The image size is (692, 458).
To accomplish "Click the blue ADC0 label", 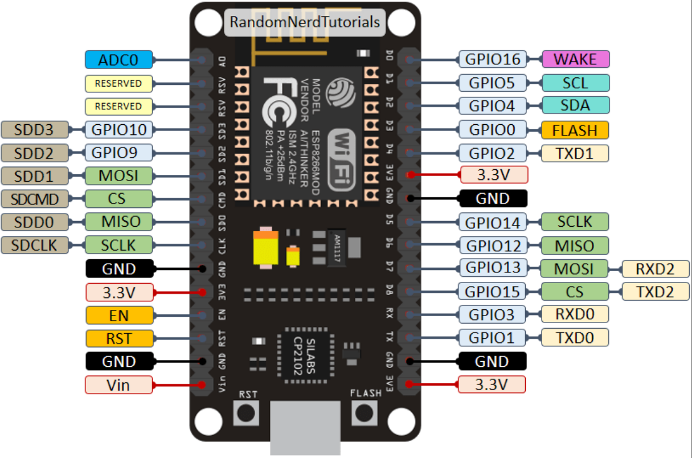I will pos(119,59).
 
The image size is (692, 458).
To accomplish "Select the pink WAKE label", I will pos(575,59).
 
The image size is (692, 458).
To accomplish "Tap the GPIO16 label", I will pos(492,59).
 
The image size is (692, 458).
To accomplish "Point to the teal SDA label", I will pos(575,105).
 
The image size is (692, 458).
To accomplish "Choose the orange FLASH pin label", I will pos(575,130).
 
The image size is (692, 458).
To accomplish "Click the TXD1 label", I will pos(575,153).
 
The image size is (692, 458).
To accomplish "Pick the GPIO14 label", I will pos(493,222).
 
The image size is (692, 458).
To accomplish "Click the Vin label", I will pos(119,385).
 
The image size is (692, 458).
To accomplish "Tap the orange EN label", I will pos(119,315).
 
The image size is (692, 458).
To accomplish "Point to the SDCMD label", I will pos(35,199).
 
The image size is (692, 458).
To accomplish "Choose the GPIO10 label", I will pos(119,130).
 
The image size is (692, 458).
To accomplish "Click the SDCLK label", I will pos(35,245).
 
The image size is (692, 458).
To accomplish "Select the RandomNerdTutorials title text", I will pos(304,22).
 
